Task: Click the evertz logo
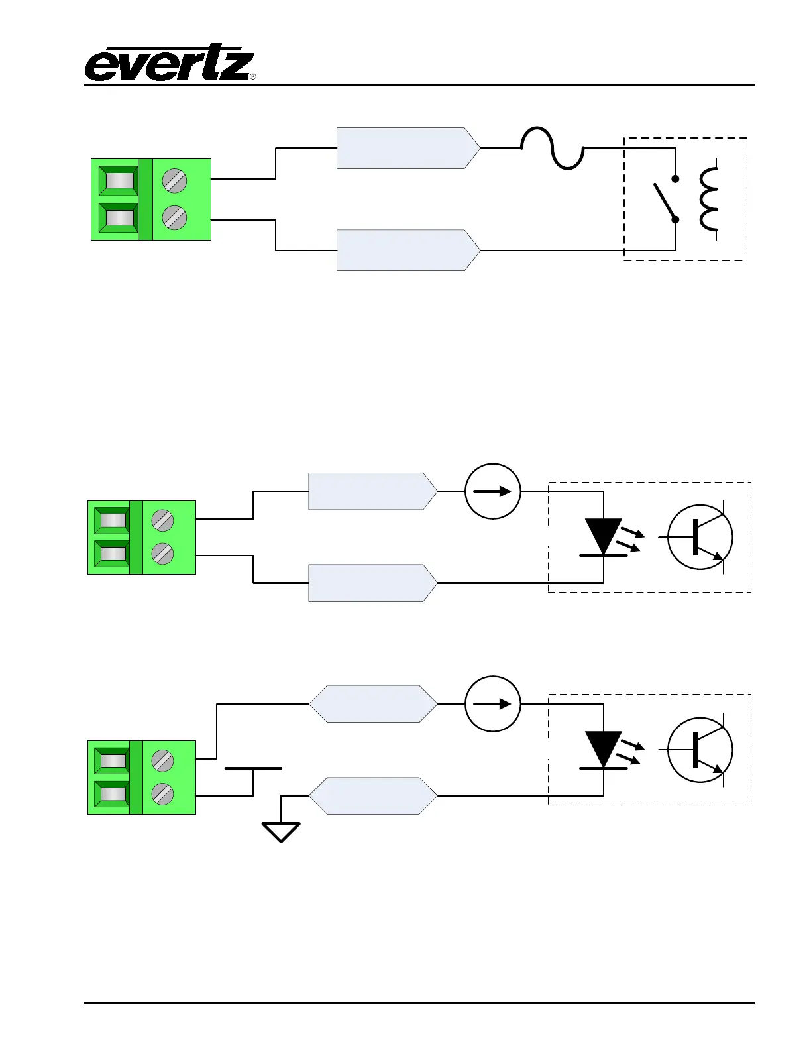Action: point(168,65)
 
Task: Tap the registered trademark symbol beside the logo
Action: point(253,77)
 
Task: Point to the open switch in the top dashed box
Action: point(665,199)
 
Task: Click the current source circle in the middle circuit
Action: point(493,491)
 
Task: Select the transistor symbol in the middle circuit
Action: point(700,538)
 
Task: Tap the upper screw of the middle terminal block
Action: point(162,520)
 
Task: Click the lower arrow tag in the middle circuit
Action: point(372,583)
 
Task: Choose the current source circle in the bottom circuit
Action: point(493,704)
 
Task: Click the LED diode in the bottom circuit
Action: point(603,750)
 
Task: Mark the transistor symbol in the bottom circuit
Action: point(700,750)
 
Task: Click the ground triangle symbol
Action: point(282,831)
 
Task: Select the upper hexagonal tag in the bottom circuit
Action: point(374,704)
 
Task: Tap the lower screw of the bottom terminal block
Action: point(162,793)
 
